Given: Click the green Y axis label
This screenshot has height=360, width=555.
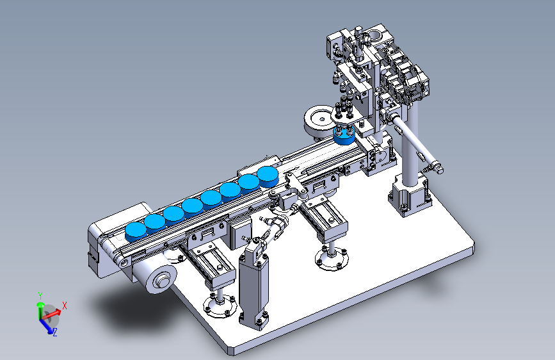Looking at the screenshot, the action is coord(40,295).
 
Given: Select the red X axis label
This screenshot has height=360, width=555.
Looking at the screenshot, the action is coord(65,306).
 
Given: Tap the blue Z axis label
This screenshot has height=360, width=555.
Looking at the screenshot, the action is coord(55,332).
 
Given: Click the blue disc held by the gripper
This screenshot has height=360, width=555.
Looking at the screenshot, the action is coord(344,135).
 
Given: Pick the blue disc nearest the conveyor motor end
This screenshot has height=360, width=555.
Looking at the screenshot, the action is coord(136,232).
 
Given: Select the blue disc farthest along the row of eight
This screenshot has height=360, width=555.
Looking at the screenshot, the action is coord(268,176).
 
